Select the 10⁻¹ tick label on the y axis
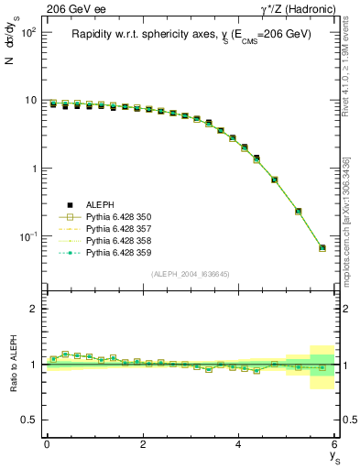[28, 237]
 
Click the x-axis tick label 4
[239, 444]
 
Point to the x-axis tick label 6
[334, 444]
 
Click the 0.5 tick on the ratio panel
[31, 420]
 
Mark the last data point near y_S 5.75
[322, 247]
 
